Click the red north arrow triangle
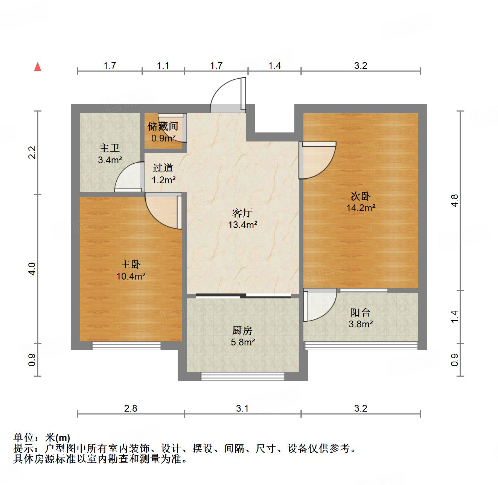tap(38, 67)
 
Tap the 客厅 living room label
tap(242, 213)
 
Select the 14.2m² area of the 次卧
tap(361, 208)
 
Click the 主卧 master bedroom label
tap(131, 265)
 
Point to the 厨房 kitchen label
tap(242, 331)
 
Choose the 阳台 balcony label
tap(360, 312)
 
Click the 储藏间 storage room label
tap(163, 126)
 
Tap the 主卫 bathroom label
tap(110, 148)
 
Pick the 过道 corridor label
tap(163, 168)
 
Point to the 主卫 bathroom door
tap(129, 178)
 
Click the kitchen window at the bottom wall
tap(242, 376)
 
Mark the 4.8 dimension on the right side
tap(455, 200)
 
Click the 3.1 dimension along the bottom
tap(242, 408)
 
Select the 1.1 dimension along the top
tap(163, 65)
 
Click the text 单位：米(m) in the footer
tap(42, 438)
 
